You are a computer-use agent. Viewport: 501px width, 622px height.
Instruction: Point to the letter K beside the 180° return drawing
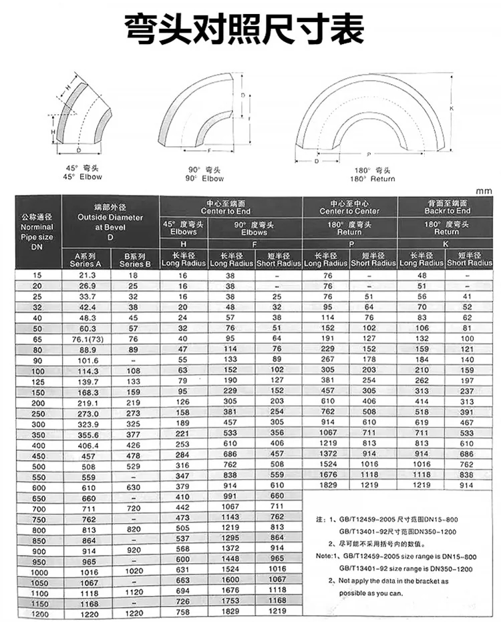tap(451, 108)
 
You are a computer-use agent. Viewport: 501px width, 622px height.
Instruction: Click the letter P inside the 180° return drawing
tap(368, 154)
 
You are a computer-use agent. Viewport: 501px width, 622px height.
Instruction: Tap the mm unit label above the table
tap(484, 191)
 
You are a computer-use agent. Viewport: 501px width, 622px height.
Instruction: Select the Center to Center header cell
tap(349, 207)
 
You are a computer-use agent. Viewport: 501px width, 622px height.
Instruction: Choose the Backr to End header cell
tap(444, 207)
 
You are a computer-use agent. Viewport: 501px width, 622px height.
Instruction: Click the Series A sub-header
tap(85, 260)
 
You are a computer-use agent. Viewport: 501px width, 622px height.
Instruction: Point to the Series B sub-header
tap(135, 260)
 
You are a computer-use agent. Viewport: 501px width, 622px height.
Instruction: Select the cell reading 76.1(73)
tap(87, 338)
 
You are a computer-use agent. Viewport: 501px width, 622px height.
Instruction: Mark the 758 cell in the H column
tap(182, 613)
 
